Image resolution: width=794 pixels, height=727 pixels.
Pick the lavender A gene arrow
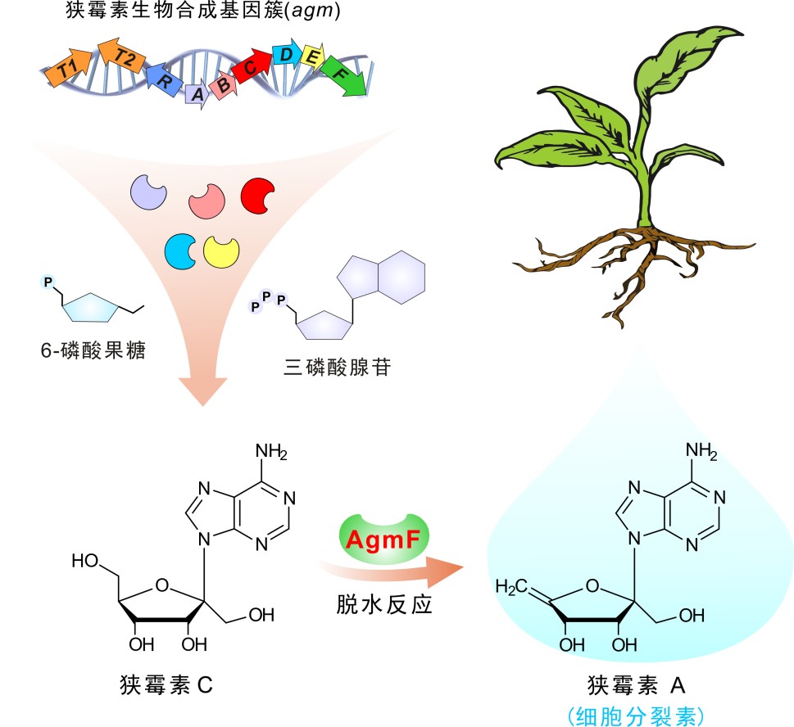coord(197,94)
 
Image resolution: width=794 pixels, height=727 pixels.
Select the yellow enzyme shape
coord(221,251)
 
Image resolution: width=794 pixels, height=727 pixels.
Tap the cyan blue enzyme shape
coord(180,250)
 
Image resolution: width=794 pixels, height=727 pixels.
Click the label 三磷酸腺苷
coord(337,368)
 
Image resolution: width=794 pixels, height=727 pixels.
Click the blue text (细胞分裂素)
coord(635,715)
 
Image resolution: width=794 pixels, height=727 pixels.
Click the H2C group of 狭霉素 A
coord(514,587)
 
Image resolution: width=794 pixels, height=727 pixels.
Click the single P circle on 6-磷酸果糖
coord(48,282)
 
